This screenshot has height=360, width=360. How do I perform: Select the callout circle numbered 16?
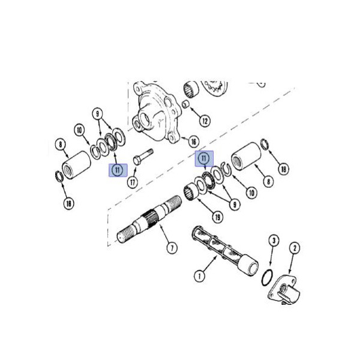pos(193,142)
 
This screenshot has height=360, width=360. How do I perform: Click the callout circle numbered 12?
pos(205,121)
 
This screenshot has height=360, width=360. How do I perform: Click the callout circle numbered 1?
pos(199,277)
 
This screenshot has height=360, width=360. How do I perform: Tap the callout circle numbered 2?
pos(295,247)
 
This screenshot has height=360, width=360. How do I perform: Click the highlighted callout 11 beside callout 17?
pos(117,170)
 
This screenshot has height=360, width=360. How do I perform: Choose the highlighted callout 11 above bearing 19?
pos(205,158)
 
